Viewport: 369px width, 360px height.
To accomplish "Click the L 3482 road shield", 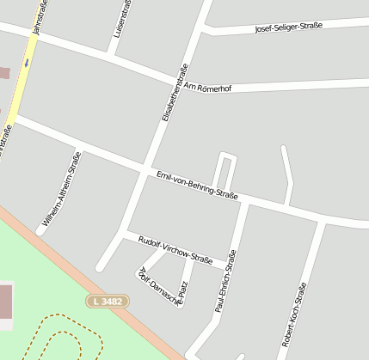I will (108, 302).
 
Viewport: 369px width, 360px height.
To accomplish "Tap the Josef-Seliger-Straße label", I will (288, 27).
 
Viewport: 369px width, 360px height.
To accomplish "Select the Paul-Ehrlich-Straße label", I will (225, 280).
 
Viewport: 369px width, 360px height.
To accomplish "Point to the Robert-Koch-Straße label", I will (292, 314).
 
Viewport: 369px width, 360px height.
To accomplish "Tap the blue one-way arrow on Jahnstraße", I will (27, 62).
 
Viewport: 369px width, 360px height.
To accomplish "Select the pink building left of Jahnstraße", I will (3, 72).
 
